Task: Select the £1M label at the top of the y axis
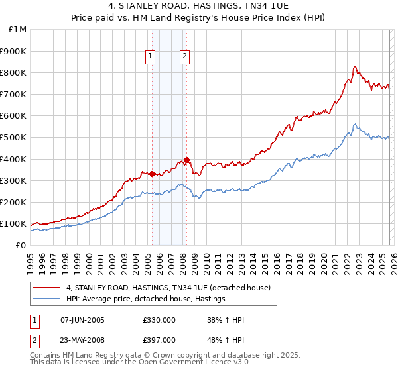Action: tap(17, 29)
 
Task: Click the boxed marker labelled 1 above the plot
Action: tap(152, 56)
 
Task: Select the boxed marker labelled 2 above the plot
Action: tap(184, 56)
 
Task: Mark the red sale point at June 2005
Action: tap(152, 174)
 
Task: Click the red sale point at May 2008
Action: tap(186, 159)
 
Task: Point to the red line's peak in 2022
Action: tap(355, 66)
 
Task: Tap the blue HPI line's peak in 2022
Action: tap(355, 124)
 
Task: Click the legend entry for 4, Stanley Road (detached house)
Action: tap(168, 288)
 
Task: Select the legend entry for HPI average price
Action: tap(146, 299)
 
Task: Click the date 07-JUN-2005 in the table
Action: tap(82, 320)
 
